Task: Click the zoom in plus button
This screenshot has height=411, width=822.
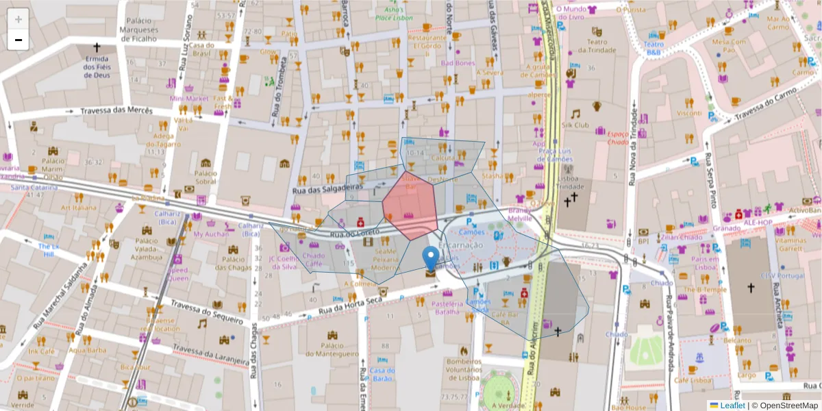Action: [18, 19]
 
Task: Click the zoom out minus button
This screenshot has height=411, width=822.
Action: [18, 40]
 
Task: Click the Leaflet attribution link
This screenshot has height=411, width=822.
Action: [731, 406]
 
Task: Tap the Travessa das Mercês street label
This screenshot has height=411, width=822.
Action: [116, 112]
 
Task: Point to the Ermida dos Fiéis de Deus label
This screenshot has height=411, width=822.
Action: [97, 67]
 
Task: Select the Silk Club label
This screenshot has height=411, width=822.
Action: [575, 125]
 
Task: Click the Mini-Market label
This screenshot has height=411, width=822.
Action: [188, 99]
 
